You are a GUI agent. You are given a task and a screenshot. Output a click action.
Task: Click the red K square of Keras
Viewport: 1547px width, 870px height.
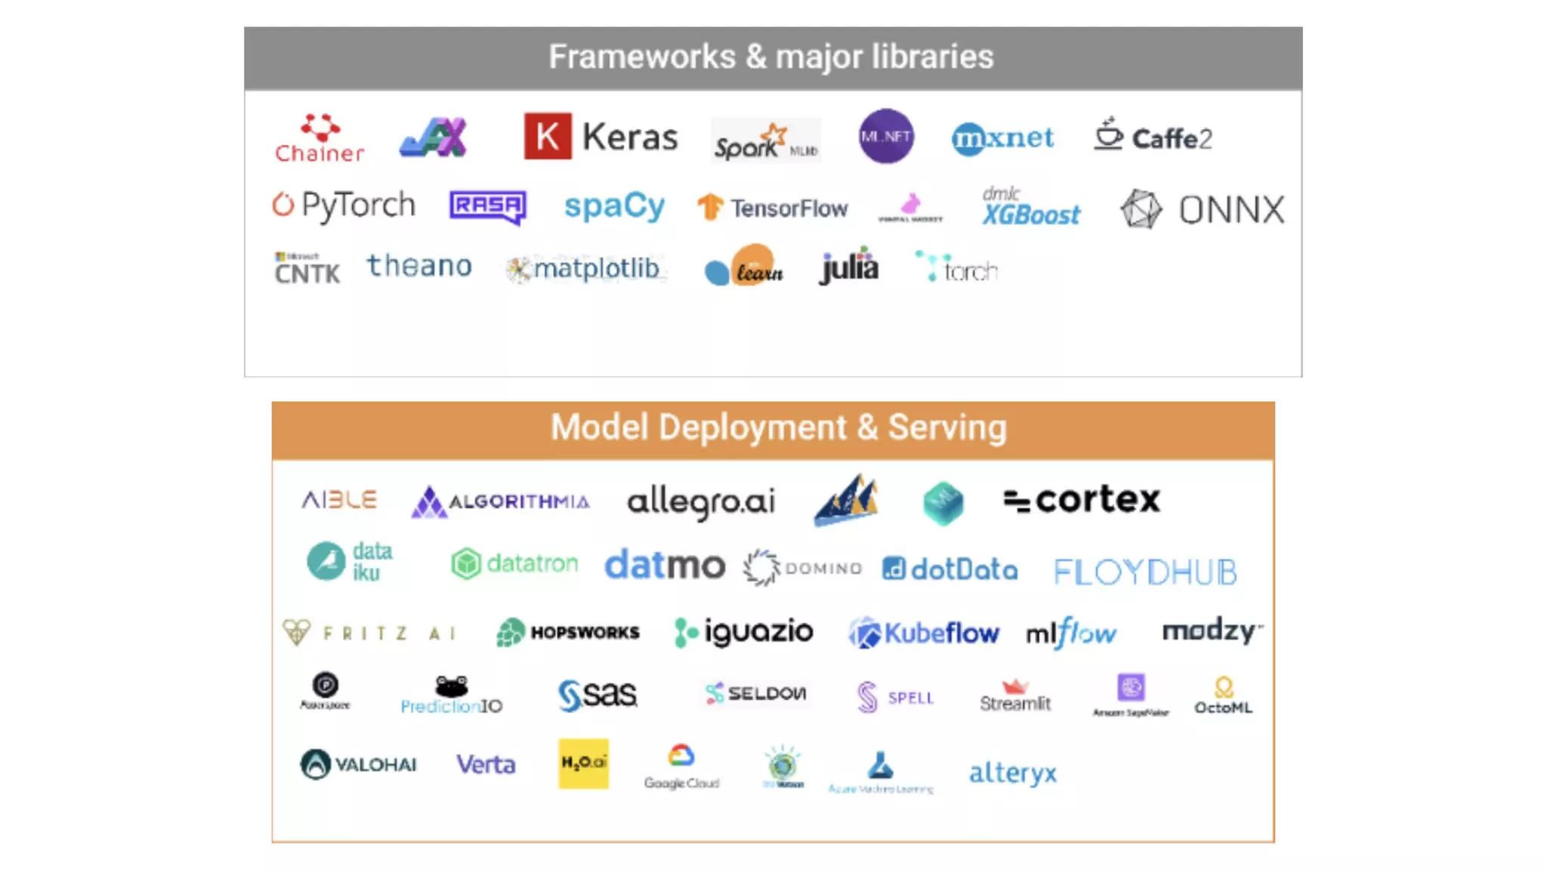click(548, 137)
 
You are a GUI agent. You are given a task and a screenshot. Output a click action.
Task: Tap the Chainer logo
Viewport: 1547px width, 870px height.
click(320, 140)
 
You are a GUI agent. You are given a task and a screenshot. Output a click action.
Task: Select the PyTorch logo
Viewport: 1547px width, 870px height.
click(344, 205)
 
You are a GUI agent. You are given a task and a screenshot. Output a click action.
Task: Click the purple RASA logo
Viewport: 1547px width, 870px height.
click(488, 206)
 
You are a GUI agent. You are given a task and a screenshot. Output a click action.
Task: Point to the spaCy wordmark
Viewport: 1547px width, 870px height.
click(614, 206)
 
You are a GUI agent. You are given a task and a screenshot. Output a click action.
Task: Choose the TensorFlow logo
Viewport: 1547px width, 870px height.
click(773, 208)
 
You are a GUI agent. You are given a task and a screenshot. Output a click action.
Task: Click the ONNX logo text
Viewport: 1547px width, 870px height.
click(1231, 210)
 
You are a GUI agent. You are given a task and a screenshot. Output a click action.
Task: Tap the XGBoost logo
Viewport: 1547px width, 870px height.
click(1031, 207)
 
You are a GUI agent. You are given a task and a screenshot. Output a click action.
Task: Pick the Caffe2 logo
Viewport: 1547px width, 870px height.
click(1153, 137)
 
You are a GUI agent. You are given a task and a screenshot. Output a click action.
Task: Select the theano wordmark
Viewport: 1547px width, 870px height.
click(419, 267)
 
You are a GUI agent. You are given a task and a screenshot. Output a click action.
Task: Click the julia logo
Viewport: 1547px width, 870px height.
click(849, 267)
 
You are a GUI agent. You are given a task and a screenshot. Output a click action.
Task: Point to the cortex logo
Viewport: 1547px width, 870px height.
click(1082, 500)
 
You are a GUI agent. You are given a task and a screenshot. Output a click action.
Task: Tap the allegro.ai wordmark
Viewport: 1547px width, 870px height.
click(701, 501)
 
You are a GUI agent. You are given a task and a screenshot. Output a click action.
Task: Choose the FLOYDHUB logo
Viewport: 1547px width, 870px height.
click(1145, 572)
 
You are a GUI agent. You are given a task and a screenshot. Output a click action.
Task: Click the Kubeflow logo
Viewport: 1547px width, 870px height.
click(924, 633)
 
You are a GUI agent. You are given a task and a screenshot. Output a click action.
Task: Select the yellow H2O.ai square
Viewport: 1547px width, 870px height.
click(583, 764)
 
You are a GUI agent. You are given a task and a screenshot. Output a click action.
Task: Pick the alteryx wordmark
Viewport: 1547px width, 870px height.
click(1013, 773)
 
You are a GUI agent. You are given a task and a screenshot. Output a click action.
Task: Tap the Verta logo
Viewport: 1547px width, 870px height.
click(486, 764)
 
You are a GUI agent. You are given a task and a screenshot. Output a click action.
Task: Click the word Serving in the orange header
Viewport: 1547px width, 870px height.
click(947, 427)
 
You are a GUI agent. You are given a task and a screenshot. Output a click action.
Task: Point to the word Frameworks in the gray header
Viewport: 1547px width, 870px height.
click(642, 57)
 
